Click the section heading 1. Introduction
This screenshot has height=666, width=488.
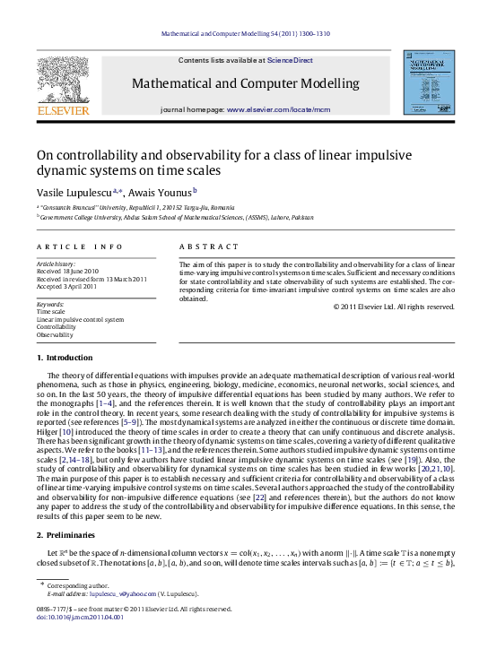click(65, 359)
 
